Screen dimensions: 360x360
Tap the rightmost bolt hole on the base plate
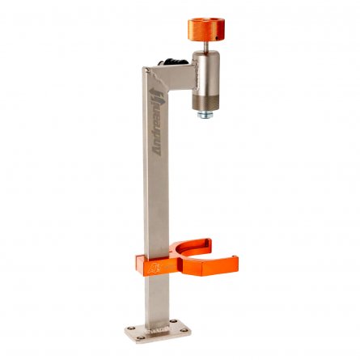(x=184, y=330)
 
